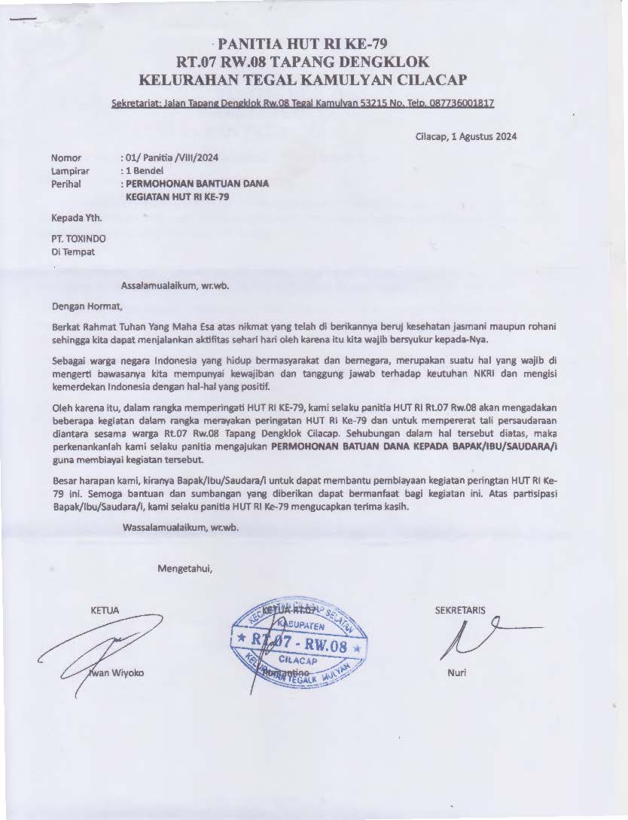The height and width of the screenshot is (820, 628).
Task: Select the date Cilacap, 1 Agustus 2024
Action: pos(465,136)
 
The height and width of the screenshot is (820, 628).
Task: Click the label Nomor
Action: pos(66,158)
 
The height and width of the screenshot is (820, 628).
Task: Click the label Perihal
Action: pos(66,183)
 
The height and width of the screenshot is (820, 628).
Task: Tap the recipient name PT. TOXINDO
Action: pos(78,239)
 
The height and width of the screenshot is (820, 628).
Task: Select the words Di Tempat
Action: pos(73,252)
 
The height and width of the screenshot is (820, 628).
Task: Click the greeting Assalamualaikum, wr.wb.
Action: pos(175,285)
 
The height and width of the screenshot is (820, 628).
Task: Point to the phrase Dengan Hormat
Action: pos(86,306)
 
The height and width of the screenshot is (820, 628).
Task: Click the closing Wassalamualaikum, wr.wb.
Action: pos(180,527)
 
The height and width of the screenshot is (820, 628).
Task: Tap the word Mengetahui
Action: pos(185,568)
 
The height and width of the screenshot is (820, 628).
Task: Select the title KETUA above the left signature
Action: pos(104,610)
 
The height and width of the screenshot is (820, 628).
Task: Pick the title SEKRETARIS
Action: pos(461,610)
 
